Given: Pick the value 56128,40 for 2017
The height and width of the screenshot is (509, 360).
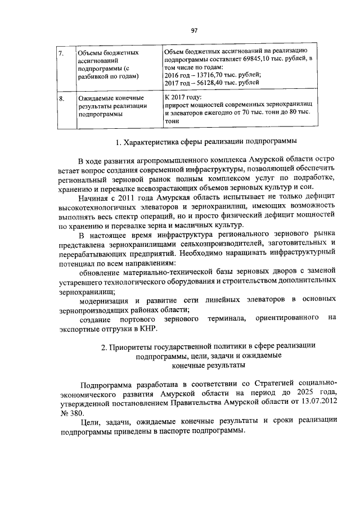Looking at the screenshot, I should pyautogui.click(x=207, y=83).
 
